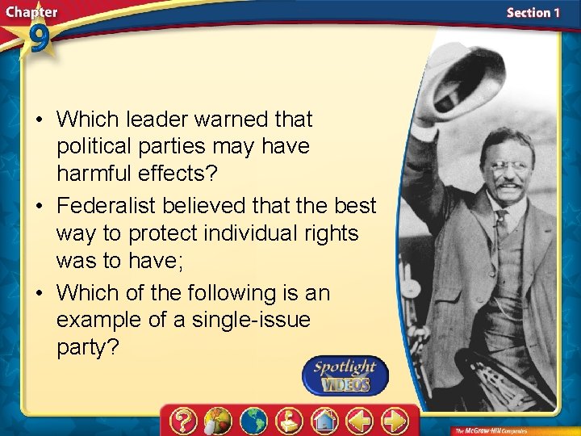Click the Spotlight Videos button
345,375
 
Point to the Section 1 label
533,13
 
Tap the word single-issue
251,320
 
